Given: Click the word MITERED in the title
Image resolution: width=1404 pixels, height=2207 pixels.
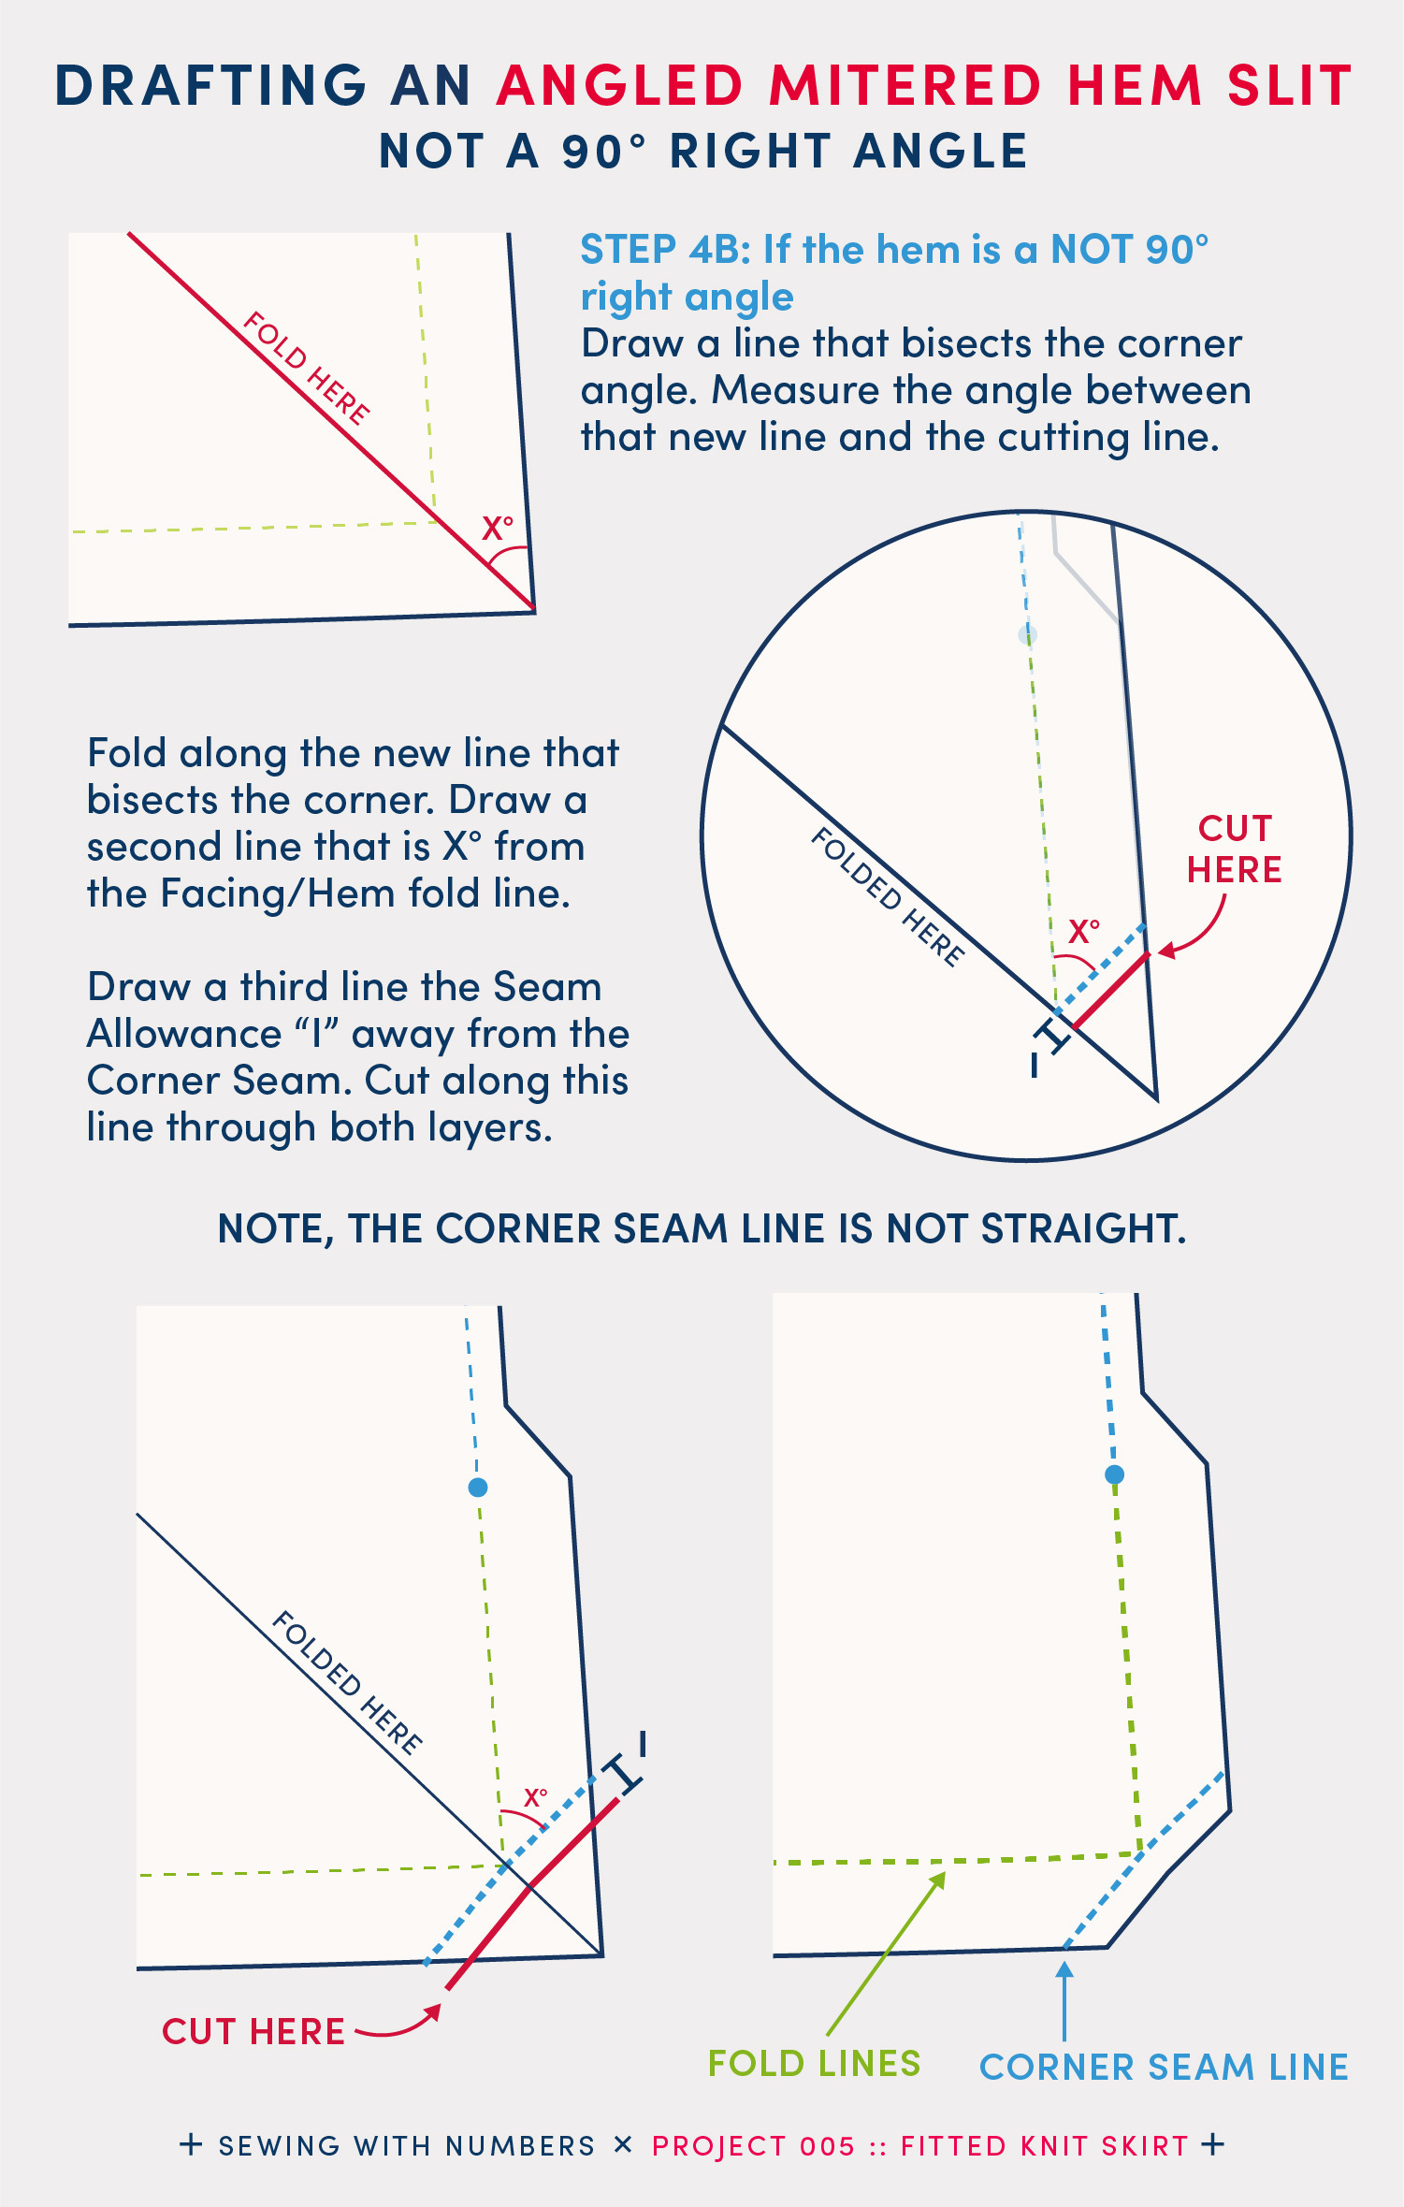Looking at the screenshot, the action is tap(905, 85).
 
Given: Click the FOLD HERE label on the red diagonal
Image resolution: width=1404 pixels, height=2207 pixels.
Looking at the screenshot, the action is tap(306, 368).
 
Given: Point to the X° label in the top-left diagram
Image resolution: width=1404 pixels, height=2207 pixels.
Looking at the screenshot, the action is tap(498, 529).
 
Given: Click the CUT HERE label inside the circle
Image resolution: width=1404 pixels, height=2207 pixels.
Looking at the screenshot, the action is tap(1235, 849).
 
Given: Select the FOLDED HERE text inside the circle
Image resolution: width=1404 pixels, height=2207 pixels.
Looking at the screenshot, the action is tap(887, 896).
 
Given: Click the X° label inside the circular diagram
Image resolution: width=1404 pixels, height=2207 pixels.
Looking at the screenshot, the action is tap(1084, 931).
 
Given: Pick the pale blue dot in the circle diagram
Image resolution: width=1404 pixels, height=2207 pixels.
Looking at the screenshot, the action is tap(1027, 635).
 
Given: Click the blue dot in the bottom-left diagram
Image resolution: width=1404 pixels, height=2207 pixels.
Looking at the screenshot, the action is tap(478, 1487).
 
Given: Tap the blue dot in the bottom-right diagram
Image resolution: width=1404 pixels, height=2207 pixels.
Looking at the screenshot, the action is tap(1114, 1474).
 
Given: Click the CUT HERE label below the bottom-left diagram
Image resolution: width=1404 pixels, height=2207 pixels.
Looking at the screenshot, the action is tap(253, 2031).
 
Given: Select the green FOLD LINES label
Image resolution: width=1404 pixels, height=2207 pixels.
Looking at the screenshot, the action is tap(814, 2063).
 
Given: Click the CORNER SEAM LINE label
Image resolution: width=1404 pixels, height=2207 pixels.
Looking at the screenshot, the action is tap(1164, 2067).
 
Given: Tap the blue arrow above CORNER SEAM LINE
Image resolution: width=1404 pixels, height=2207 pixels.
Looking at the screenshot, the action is tap(1064, 2001).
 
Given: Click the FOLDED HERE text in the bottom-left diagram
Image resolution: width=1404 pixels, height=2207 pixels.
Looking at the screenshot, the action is tap(347, 1682).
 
